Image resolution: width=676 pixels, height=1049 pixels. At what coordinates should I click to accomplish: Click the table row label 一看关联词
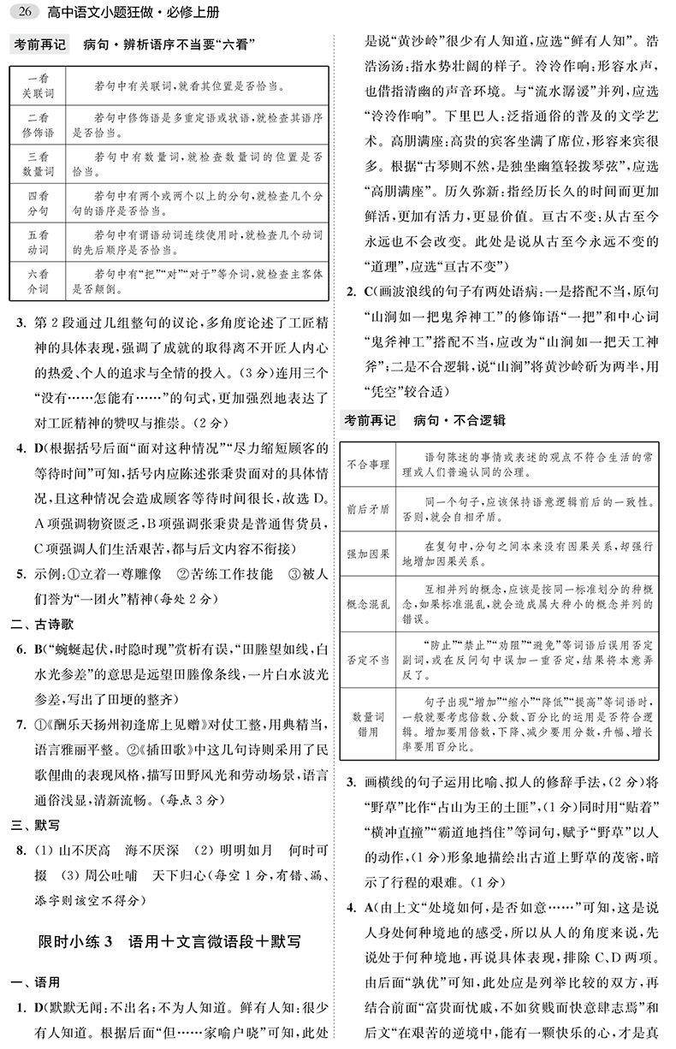36,86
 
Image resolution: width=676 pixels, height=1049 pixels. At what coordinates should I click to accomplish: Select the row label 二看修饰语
36,126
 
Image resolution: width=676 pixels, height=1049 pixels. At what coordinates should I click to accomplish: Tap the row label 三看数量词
36,164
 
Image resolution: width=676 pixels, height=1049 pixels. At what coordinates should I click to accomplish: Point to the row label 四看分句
36,203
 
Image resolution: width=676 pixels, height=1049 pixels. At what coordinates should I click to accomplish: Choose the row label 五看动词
36,241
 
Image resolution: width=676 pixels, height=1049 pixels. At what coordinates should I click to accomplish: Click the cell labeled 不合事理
368,465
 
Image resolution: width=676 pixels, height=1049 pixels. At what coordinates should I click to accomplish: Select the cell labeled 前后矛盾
368,508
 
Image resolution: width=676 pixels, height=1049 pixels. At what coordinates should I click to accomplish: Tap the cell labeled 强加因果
368,552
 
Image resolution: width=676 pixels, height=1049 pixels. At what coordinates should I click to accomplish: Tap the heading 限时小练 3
75,942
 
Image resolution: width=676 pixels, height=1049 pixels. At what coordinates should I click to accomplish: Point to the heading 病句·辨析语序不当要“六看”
170,44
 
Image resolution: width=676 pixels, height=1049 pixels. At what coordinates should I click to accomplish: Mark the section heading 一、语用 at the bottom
32,981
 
